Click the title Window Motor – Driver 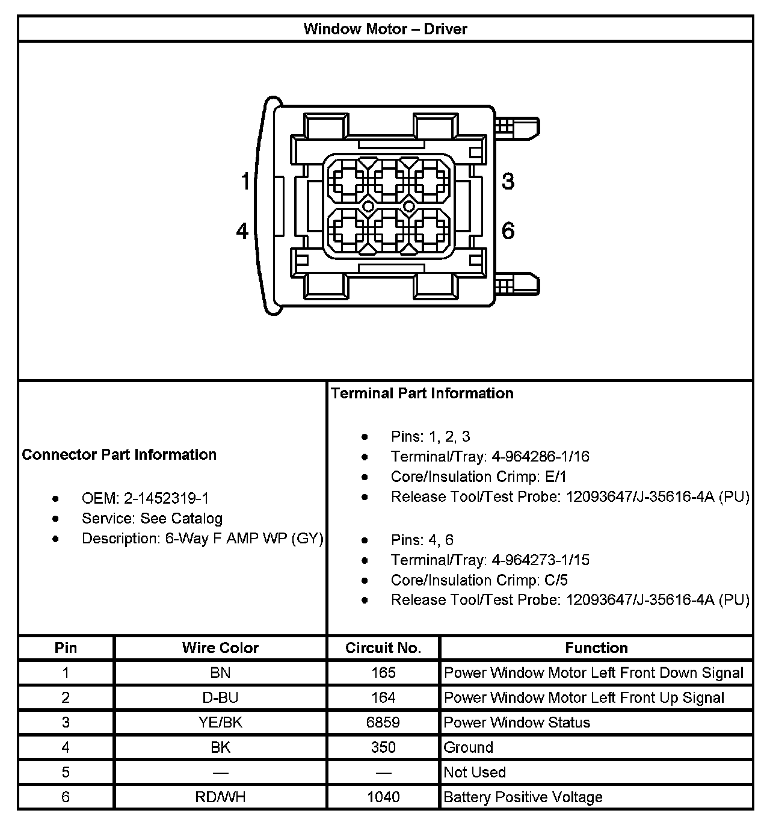tap(385, 29)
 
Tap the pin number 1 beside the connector tap(245, 181)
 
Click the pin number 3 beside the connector tap(508, 181)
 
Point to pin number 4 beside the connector tap(242, 231)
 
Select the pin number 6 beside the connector tap(508, 231)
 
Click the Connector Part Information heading tap(119, 454)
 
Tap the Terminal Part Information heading tap(422, 394)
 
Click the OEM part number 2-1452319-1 tap(166, 498)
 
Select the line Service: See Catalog tap(152, 518)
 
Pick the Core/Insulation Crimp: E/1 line tap(478, 477)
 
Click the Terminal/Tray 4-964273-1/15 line tap(490, 560)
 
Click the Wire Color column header tap(220, 648)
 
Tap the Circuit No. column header tap(383, 648)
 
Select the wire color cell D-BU tap(220, 697)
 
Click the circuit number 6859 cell tap(383, 722)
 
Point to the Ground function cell tap(469, 747)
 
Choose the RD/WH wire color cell tap(220, 797)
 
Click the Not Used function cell tap(475, 772)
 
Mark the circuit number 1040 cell tap(383, 797)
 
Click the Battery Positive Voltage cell tap(523, 797)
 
